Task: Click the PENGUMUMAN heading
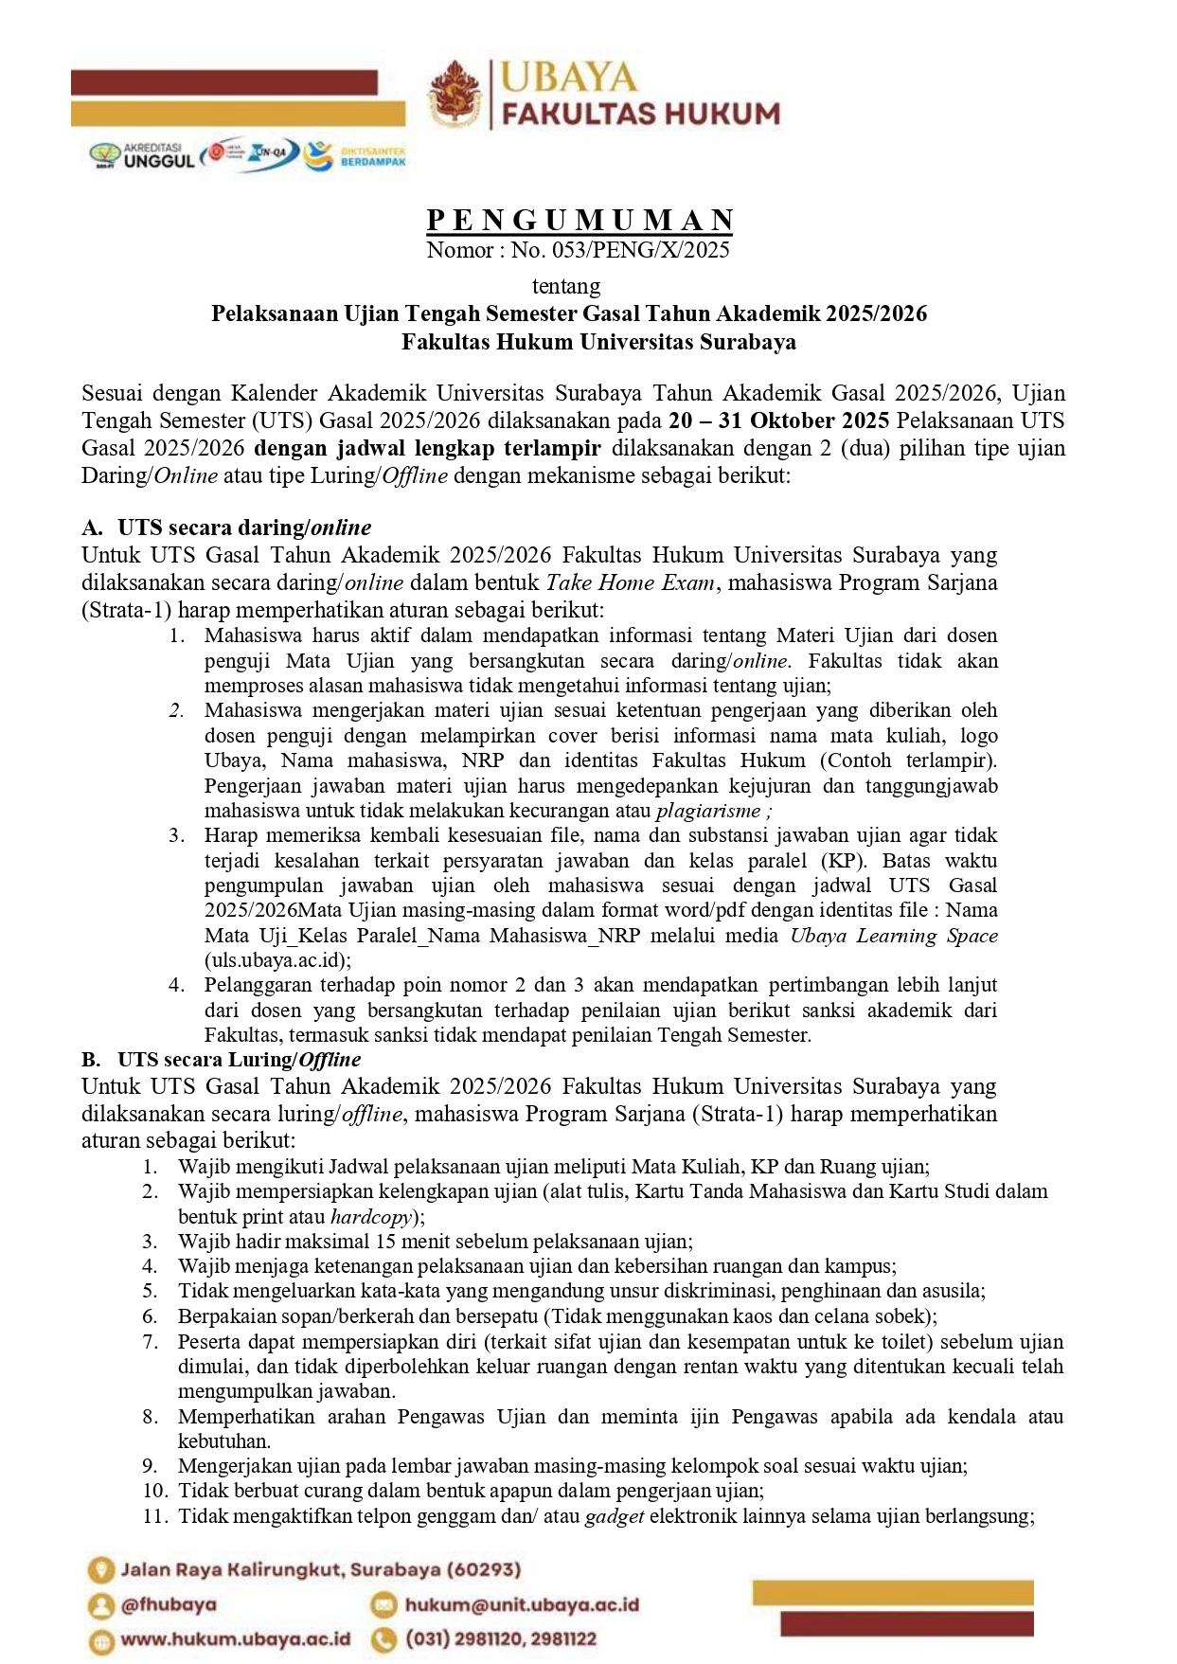[x=580, y=220]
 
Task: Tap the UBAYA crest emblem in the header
[x=455, y=94]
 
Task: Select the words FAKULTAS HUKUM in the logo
[x=641, y=115]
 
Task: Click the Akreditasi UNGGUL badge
[x=142, y=155]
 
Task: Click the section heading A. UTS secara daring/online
[x=226, y=528]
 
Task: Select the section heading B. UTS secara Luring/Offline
[x=222, y=1060]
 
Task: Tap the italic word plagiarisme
[x=708, y=811]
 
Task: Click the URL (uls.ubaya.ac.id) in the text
[x=277, y=959]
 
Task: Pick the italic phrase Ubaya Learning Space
[x=894, y=936]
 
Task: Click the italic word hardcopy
[x=371, y=1217]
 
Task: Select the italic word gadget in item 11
[x=615, y=1516]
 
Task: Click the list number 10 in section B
[x=155, y=1491]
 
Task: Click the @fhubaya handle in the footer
[x=169, y=1605]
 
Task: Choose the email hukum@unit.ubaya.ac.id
[x=522, y=1605]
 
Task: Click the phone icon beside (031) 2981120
[x=383, y=1639]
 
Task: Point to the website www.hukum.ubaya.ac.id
[x=236, y=1639]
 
